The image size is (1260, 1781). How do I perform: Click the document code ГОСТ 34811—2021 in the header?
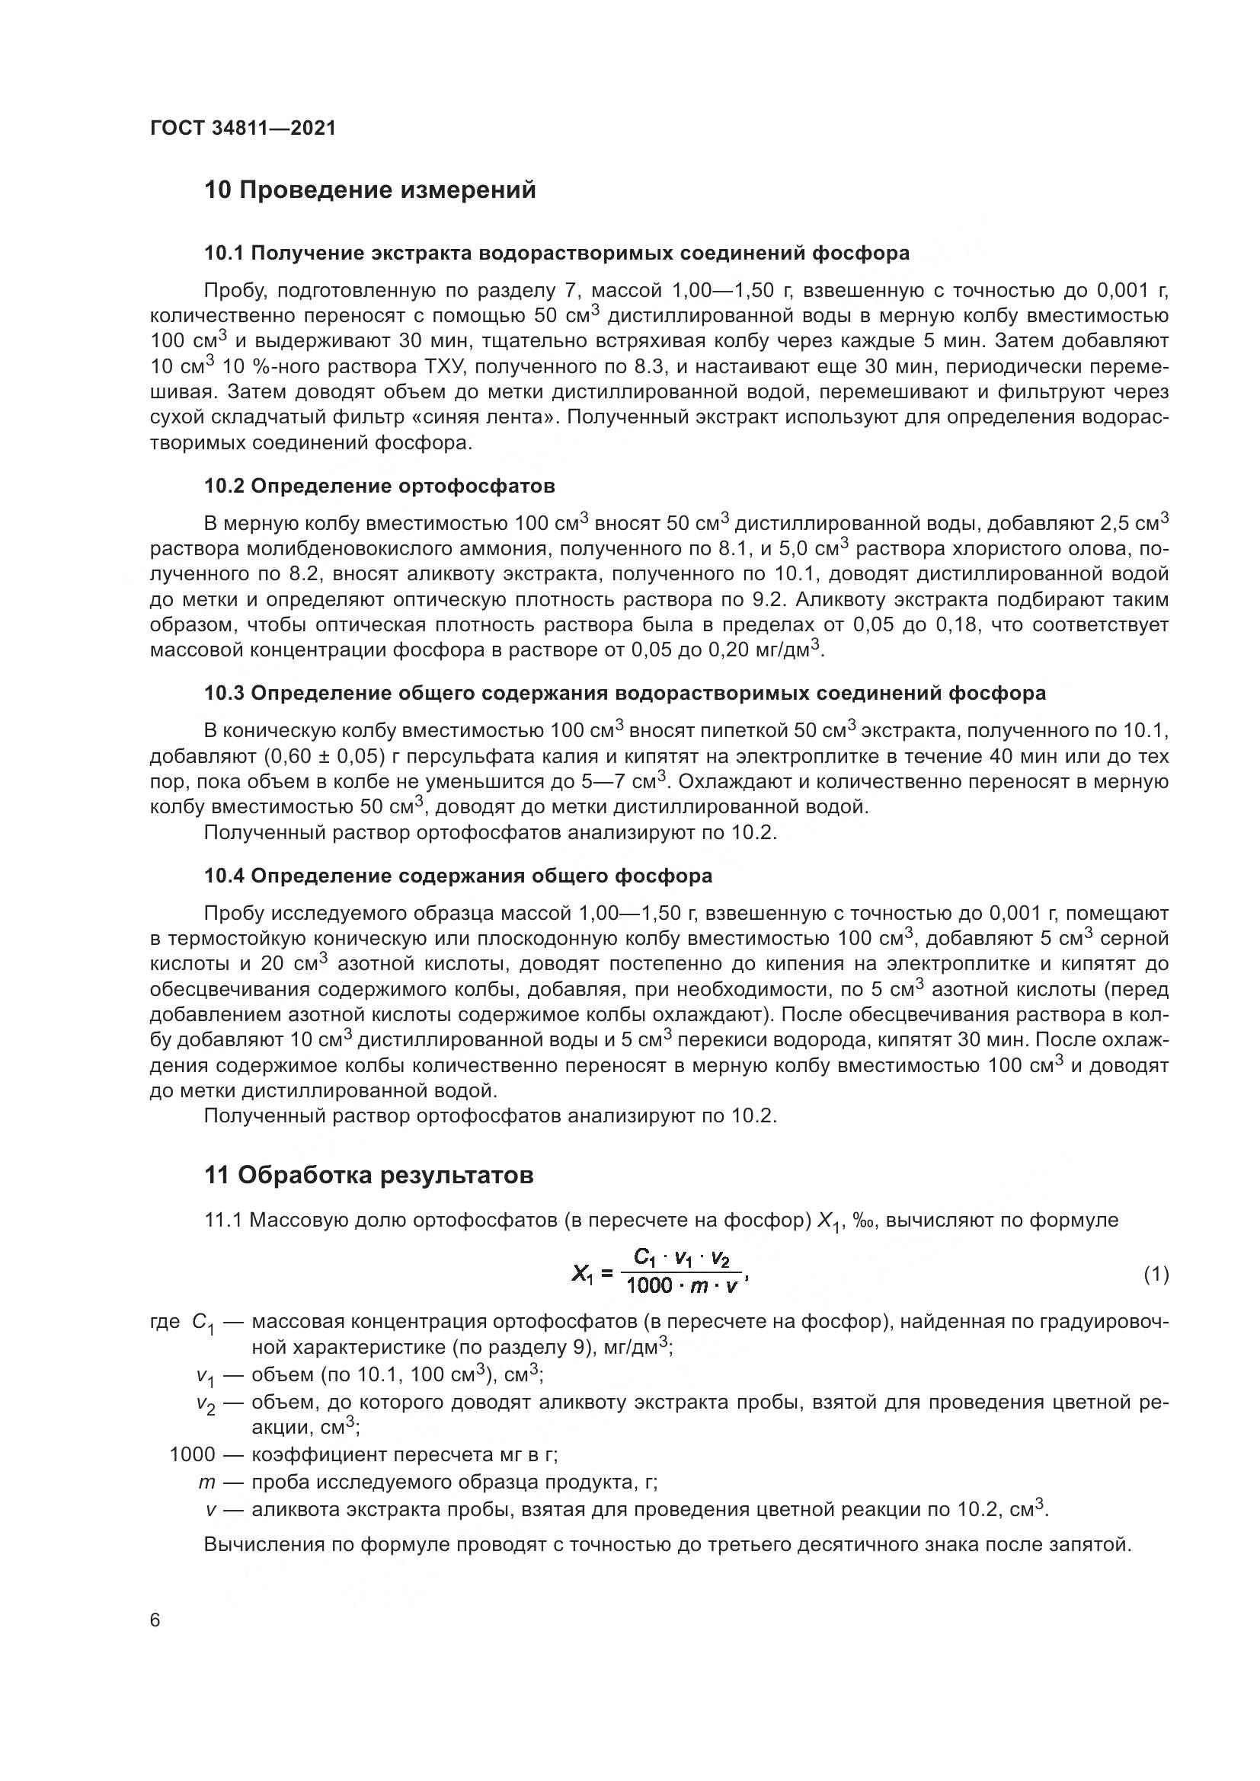point(243,128)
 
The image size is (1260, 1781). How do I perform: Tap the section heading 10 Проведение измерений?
point(369,190)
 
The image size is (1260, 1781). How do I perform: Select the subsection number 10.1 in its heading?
point(223,253)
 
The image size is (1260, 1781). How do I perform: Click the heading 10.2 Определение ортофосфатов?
point(379,487)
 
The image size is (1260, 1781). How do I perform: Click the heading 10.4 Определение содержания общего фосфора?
point(458,876)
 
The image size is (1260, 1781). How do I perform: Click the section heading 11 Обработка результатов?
point(369,1175)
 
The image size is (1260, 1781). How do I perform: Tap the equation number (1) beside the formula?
point(1156,1274)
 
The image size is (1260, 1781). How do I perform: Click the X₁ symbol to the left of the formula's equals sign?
point(582,1274)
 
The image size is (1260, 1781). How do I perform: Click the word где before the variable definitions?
point(165,1322)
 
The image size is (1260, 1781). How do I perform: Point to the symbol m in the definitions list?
point(206,1483)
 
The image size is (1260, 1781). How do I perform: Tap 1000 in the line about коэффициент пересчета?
point(192,1454)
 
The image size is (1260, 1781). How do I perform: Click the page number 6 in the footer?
point(155,1620)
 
